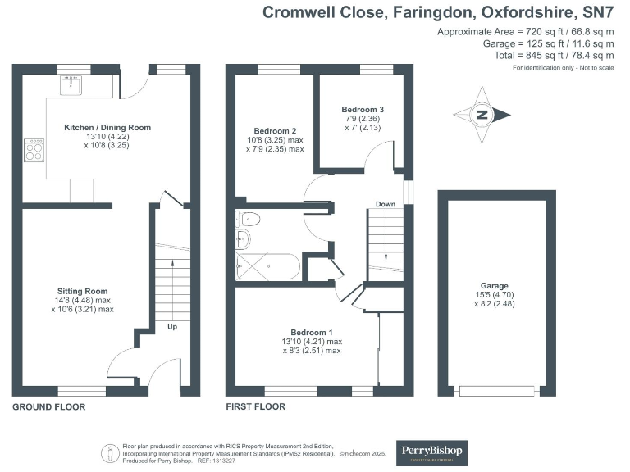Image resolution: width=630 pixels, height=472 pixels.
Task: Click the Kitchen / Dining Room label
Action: [x=107, y=128]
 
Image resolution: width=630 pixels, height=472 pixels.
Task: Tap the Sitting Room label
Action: [x=82, y=291]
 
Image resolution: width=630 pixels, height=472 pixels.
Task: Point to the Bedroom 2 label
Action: [x=275, y=131]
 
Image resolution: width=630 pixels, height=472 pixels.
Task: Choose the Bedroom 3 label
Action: [x=363, y=109]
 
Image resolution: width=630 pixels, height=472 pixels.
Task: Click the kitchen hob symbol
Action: [x=35, y=150]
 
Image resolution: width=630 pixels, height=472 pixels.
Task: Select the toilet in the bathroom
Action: [x=249, y=218]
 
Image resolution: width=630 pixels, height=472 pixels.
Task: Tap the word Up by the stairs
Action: [x=172, y=327]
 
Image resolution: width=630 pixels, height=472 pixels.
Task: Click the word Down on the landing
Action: [x=386, y=203]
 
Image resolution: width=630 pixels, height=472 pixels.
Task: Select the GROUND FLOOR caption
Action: [x=48, y=406]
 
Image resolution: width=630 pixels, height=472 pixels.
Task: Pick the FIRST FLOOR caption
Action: [x=255, y=406]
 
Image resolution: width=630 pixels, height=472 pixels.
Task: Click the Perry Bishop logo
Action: [x=431, y=452]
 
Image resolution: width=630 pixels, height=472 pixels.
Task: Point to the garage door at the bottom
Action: [x=495, y=392]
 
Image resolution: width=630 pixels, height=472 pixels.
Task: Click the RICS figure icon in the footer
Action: [x=107, y=453]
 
